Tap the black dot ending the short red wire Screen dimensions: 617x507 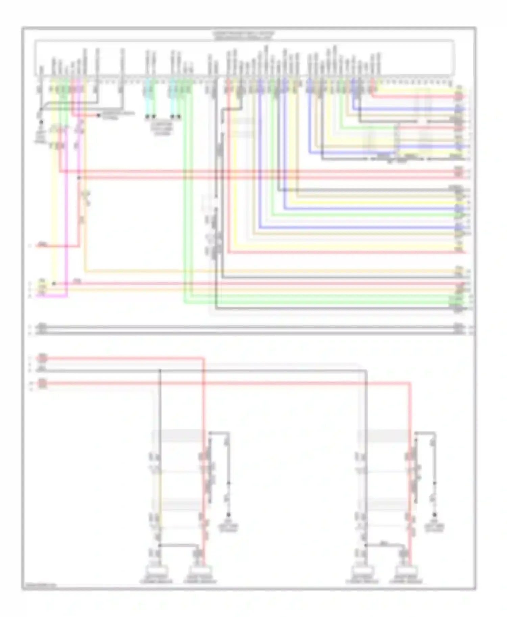98,115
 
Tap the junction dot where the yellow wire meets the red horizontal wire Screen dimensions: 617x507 54,284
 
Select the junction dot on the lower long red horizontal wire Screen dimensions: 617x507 79,178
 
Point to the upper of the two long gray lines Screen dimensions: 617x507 250,327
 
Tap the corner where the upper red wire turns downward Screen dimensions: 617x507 204,358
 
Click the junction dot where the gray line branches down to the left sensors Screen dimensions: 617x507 160,371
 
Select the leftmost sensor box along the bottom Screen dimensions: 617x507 156,570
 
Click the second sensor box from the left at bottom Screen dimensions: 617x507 200,570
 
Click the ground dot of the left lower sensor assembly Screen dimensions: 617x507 228,515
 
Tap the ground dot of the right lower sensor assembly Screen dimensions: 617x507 435,515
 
